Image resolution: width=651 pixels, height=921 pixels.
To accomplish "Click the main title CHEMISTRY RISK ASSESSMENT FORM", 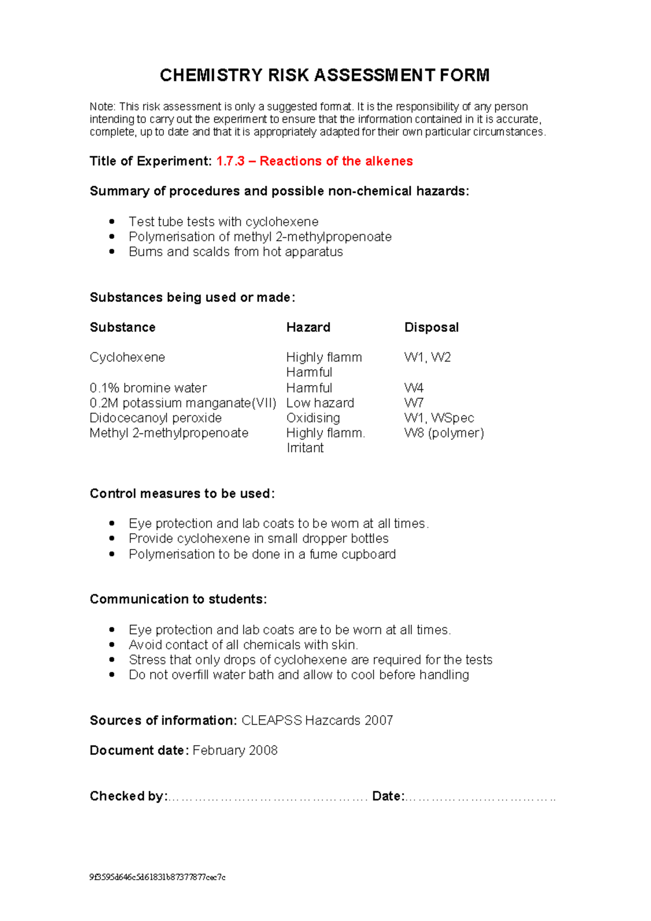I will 324,75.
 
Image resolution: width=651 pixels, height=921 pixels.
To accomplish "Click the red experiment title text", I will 315,161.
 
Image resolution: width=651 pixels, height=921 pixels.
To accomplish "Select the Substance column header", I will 123,327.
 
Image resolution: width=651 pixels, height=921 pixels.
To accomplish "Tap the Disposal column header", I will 431,327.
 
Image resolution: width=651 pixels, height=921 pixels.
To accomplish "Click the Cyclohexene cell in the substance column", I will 127,357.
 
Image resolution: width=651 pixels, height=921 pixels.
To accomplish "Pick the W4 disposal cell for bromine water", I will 414,388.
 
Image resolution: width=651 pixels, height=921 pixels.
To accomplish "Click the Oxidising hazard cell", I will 313,418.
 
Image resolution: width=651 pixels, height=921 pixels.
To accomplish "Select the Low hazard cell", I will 320,403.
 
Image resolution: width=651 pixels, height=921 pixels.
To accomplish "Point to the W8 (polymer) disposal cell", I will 444,433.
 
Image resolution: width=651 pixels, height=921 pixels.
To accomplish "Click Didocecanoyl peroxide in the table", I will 156,418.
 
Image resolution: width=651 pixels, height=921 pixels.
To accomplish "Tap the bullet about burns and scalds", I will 235,252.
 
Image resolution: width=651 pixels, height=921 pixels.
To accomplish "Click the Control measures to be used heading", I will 182,494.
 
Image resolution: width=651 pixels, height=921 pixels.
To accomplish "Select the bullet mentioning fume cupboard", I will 262,554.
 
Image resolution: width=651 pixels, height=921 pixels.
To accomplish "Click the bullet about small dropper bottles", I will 258,539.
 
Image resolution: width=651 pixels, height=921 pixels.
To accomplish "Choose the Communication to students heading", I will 178,599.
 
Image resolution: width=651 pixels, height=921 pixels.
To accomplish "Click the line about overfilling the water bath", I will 298,675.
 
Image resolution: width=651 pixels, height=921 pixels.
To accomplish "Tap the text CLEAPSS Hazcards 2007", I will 317,721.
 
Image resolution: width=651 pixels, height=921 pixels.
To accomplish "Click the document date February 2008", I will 235,750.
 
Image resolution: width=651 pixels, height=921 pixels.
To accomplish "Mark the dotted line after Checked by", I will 267,797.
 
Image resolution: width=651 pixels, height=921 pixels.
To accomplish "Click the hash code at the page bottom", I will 157,877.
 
